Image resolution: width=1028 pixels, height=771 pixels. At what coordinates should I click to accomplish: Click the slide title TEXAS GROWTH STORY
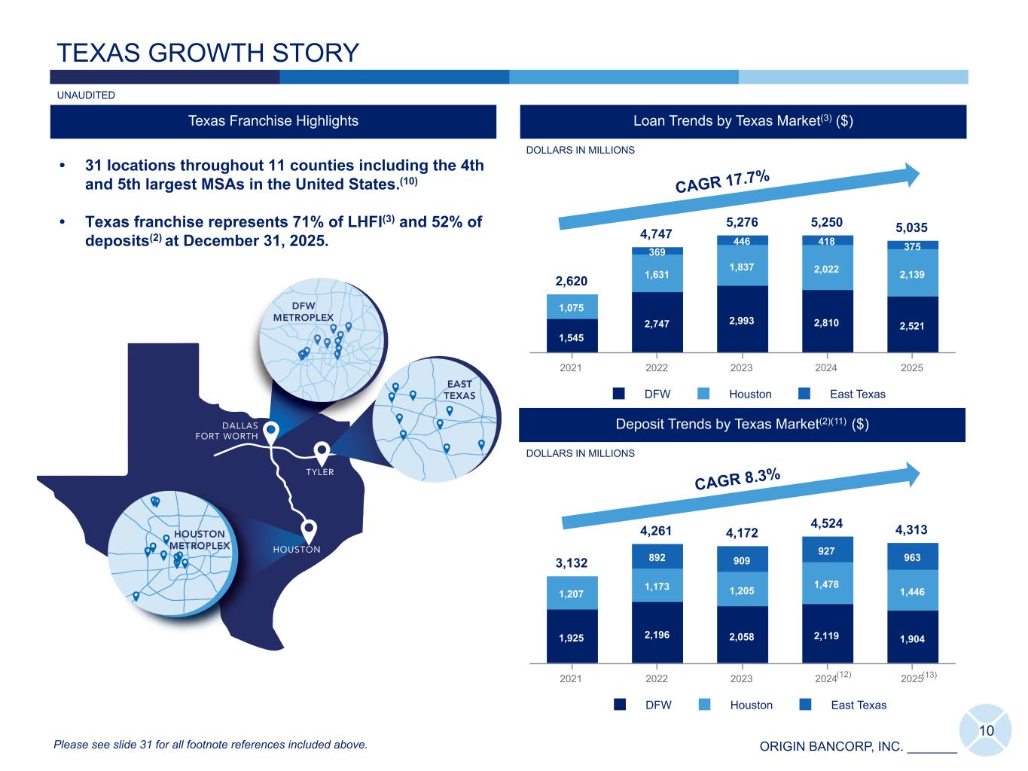point(208,53)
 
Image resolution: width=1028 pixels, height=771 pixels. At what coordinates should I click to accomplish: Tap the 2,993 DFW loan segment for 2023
point(742,320)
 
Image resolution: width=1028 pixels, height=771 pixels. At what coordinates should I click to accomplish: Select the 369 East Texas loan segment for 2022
point(657,251)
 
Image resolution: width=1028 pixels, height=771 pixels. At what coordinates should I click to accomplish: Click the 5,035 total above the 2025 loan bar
point(912,227)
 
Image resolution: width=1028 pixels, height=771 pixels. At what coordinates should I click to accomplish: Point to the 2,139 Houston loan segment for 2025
point(912,275)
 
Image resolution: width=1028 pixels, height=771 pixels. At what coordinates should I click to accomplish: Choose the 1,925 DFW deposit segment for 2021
point(572,638)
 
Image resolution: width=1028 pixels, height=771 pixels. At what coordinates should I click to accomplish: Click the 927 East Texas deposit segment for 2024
point(826,551)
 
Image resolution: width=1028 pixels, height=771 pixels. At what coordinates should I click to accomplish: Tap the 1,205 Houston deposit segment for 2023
point(742,590)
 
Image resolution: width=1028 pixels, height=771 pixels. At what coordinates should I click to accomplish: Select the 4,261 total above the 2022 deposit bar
point(656,531)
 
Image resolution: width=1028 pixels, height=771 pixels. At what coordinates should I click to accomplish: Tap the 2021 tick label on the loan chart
point(572,368)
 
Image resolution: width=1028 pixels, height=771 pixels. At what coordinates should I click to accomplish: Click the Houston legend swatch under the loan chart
point(704,394)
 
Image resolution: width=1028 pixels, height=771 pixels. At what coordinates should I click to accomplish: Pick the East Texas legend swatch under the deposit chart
point(806,705)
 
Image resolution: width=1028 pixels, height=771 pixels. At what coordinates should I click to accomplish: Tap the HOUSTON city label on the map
point(296,550)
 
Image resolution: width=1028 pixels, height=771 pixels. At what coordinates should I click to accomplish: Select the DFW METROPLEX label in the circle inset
point(303,312)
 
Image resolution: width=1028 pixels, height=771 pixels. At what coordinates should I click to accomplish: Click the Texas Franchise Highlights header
point(273,121)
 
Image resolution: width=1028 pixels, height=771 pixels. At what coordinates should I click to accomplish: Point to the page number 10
point(987,730)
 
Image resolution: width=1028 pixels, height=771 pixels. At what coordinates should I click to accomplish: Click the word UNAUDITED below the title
point(86,95)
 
